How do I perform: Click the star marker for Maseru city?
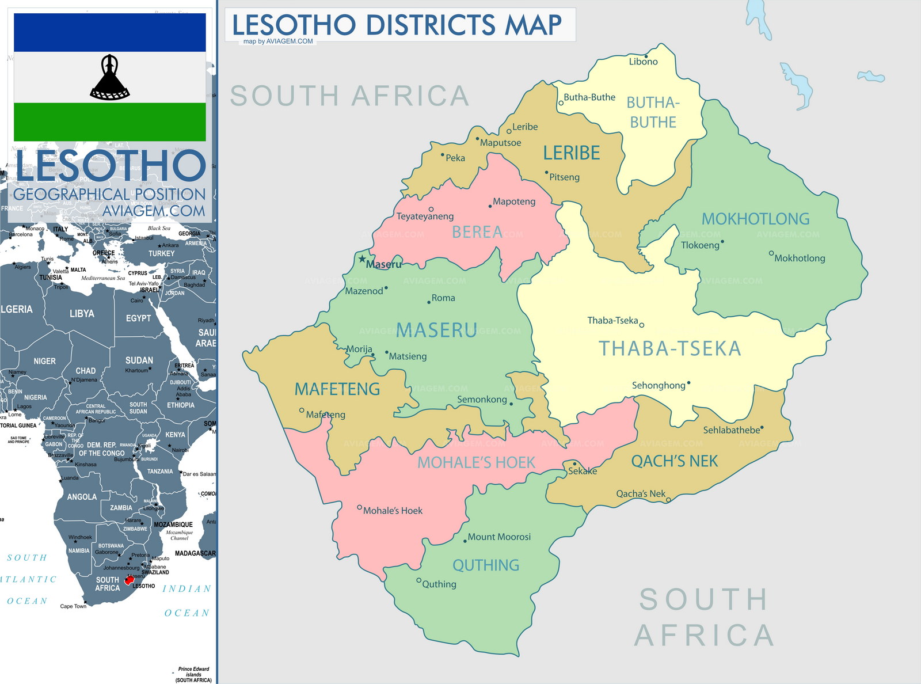click(x=362, y=259)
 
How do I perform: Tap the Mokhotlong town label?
click(x=800, y=258)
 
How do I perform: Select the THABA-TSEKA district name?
click(x=670, y=348)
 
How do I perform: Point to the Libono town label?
click(x=643, y=62)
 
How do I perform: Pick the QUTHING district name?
click(x=486, y=565)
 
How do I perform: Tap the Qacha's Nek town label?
click(x=640, y=493)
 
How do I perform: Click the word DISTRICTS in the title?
click(x=431, y=25)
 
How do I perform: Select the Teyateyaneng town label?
click(x=425, y=216)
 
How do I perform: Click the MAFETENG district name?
click(x=337, y=389)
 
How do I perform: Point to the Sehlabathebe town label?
click(x=731, y=430)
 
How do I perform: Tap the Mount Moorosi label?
click(x=498, y=537)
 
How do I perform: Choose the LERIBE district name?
click(x=572, y=153)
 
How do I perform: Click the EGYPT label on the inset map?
click(x=138, y=318)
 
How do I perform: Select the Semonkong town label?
click(x=482, y=399)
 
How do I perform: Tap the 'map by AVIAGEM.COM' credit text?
click(x=278, y=41)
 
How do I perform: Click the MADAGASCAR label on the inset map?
click(x=195, y=553)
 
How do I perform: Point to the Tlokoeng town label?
click(x=700, y=245)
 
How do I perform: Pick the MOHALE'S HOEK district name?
click(x=476, y=462)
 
